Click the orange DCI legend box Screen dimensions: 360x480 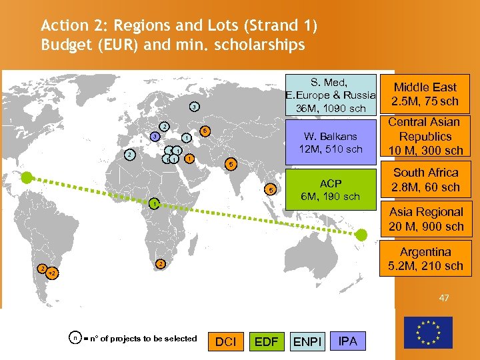(x=226, y=341)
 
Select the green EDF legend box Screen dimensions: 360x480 (x=266, y=341)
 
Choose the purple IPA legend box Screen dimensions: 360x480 (x=348, y=341)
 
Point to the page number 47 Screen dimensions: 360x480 (x=444, y=298)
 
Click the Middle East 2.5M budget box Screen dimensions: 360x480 (x=425, y=94)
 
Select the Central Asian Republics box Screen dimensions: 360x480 (x=425, y=136)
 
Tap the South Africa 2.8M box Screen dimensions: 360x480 (x=425, y=179)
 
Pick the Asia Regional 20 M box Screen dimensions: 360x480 (x=425, y=219)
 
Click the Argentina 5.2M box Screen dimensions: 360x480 (x=425, y=259)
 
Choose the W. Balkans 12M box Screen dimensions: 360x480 (x=331, y=143)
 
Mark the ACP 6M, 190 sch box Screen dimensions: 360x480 (x=330, y=189)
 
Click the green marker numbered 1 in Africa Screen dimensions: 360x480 (x=153, y=203)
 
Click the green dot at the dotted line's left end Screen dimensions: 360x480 (x=26, y=177)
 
